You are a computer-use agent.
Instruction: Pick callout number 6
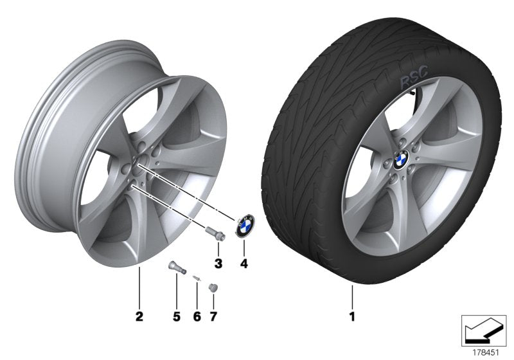(197, 317)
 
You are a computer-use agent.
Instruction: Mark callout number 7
(214, 317)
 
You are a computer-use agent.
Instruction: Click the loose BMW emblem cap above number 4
(245, 226)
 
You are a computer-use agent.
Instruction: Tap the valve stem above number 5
(175, 266)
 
